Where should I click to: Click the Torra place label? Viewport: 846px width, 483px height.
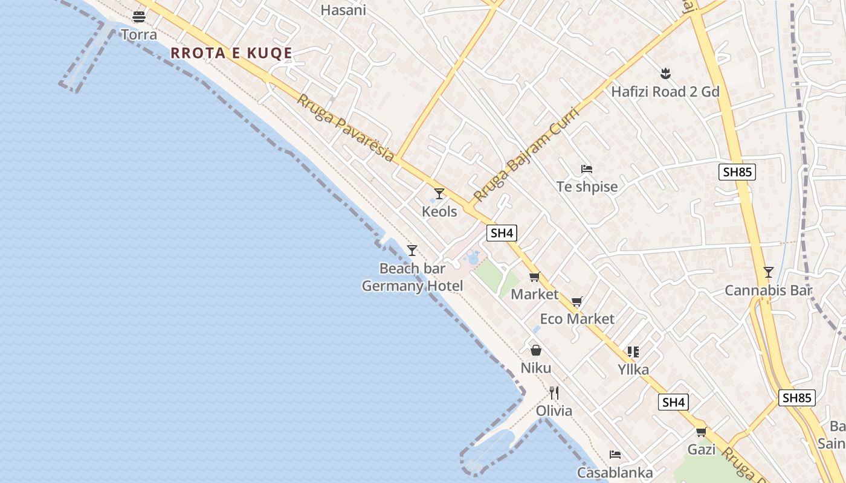coord(139,34)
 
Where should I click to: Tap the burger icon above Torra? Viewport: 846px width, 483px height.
coord(139,16)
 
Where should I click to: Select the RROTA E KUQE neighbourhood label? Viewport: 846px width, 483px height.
coord(231,53)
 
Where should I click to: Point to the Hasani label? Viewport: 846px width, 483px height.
coord(343,10)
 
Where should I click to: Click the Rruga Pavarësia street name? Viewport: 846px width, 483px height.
coord(345,128)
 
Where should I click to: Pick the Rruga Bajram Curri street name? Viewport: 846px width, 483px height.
coord(526,155)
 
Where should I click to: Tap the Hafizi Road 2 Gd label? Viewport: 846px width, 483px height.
coord(665,92)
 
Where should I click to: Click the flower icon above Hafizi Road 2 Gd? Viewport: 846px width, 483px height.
coord(665,74)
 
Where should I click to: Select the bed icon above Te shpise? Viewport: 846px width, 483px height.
coord(586,169)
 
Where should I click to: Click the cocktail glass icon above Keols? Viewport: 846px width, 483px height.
coord(439,194)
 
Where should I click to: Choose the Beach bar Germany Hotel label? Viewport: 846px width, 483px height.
coord(412,277)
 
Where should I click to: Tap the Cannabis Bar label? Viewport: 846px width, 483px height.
coord(768,290)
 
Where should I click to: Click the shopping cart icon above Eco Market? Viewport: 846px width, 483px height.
coord(577,301)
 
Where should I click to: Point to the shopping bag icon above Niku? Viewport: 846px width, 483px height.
coord(536,350)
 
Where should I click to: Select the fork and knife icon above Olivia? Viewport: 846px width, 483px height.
coord(554,393)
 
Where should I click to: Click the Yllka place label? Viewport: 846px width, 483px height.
coord(633,369)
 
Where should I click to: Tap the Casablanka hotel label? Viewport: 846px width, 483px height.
coord(615,473)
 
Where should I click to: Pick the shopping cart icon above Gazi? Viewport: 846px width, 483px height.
coord(701,432)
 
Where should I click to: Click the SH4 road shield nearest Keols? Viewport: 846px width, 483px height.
coord(502,233)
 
